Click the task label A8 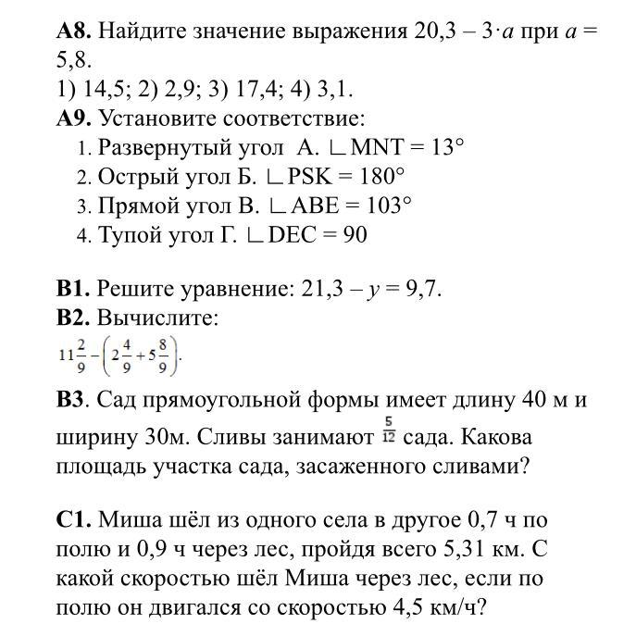73,31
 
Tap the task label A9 73,118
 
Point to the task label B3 72,401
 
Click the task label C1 73,519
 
